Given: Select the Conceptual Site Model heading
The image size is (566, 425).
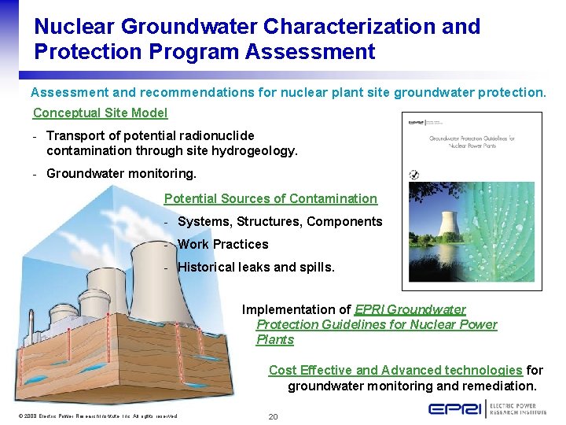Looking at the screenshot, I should tap(100, 113).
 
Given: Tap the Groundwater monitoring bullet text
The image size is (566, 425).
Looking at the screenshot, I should tap(121, 173).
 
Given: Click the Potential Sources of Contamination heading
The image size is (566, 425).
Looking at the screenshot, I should tap(270, 199).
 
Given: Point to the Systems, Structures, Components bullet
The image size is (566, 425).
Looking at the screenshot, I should tap(280, 222).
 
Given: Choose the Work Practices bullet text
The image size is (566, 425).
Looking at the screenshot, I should tap(223, 245).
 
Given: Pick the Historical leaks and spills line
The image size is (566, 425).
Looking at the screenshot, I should tap(256, 268).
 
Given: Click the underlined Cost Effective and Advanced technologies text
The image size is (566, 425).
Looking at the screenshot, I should tap(395, 371).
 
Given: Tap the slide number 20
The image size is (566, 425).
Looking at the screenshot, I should tap(273, 416).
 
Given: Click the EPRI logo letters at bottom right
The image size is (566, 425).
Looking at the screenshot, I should tap(457, 409).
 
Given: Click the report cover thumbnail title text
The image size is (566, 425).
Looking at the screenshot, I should tap(472, 142).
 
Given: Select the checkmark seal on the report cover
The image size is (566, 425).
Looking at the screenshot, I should tap(414, 175).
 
